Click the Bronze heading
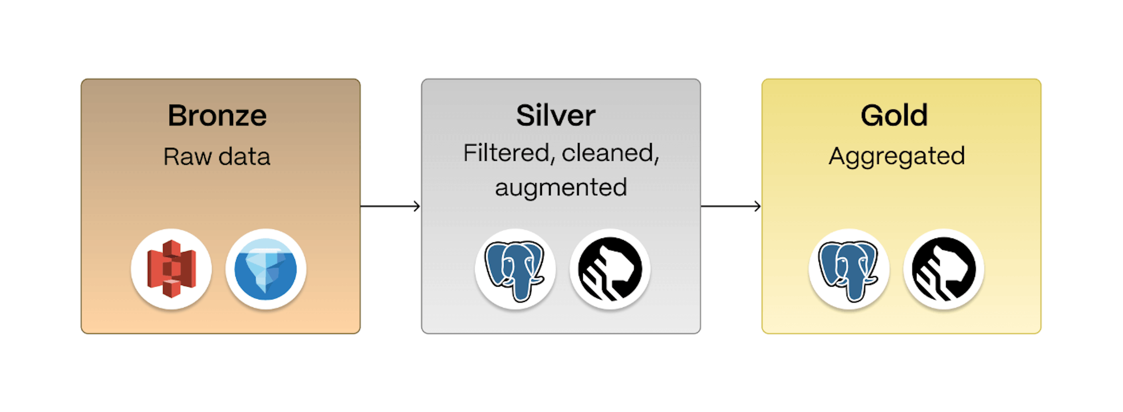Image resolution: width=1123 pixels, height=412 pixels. (x=217, y=116)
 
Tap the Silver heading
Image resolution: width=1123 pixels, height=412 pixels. (x=555, y=116)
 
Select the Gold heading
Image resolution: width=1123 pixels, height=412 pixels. (x=894, y=116)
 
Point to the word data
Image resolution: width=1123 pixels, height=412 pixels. (x=244, y=157)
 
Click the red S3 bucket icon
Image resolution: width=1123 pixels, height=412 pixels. (x=171, y=269)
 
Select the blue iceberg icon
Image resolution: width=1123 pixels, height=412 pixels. (x=266, y=269)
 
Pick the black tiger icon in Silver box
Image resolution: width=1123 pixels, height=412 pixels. (x=610, y=269)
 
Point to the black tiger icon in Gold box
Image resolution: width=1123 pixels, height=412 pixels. (x=943, y=269)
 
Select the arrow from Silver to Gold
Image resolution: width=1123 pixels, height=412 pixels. (x=730, y=206)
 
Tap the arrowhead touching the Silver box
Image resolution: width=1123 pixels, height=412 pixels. (x=417, y=206)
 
